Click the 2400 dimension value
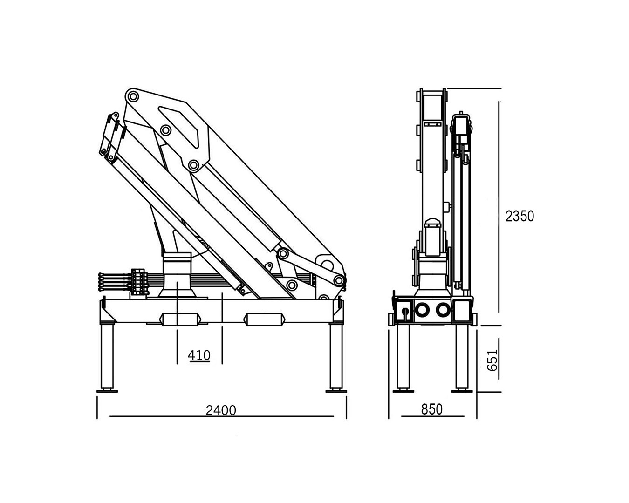[221, 410]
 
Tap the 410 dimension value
[199, 355]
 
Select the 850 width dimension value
[432, 409]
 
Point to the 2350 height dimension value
[520, 216]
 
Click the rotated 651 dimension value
[492, 360]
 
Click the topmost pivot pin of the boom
[133, 96]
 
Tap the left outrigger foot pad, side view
[107, 391]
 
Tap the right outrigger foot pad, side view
[336, 391]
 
